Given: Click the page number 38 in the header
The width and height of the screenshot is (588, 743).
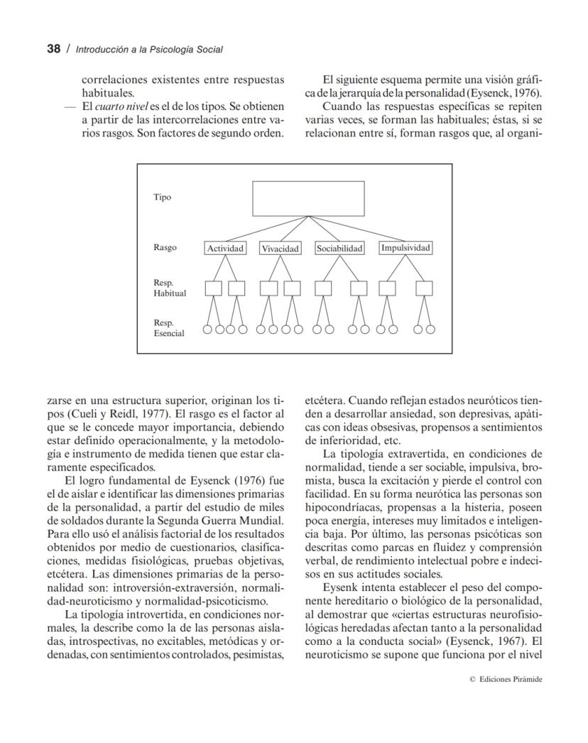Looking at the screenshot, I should click(34, 49).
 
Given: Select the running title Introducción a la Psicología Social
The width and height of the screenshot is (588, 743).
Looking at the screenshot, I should click(149, 50).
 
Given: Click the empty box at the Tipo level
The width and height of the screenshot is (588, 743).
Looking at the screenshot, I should click(308, 198).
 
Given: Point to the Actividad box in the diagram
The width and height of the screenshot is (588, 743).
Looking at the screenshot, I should click(225, 249).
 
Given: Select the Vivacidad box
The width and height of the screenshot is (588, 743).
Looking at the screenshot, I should click(280, 249).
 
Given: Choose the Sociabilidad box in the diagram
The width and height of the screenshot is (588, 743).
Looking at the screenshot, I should click(339, 249).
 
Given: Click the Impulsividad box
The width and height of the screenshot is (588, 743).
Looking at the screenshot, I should click(405, 248).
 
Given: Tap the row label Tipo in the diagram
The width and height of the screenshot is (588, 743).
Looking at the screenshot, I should click(162, 197).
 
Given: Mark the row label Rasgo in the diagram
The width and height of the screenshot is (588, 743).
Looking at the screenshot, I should click(165, 248).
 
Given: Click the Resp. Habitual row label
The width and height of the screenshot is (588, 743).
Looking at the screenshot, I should click(169, 288).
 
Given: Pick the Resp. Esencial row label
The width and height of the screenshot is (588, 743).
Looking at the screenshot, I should click(169, 327).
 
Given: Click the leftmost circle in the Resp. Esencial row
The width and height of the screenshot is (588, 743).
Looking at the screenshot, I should click(207, 329).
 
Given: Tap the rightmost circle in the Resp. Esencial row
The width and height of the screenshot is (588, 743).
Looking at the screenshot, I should click(430, 329).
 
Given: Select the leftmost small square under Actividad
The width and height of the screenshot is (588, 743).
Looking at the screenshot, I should click(213, 288).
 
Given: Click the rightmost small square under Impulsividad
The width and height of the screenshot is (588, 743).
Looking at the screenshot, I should click(424, 288).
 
